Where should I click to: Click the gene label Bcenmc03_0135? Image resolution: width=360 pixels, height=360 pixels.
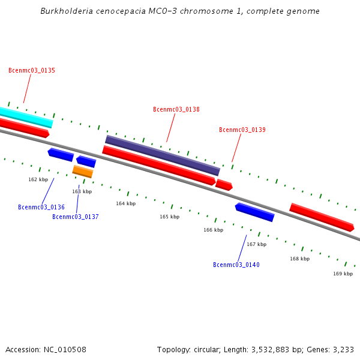tap(32, 71)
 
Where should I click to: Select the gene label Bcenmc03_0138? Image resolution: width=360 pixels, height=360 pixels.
tap(176, 110)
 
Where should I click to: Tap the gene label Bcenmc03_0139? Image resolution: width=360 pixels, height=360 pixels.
tap(242, 130)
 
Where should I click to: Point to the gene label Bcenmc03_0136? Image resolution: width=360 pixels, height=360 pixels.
tap(41, 208)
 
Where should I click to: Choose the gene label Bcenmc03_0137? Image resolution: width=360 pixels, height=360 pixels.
tap(76, 217)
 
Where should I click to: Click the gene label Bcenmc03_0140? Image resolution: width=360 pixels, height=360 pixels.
tap(236, 265)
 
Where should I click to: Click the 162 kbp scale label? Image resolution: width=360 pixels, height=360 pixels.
tap(38, 180)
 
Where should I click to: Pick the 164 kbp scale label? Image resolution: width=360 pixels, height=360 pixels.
tap(125, 204)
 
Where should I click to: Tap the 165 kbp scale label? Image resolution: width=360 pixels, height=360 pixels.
tap(169, 217)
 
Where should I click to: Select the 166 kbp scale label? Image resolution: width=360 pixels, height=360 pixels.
tap(213, 230)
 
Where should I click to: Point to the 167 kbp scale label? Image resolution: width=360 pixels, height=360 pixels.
tap(256, 245)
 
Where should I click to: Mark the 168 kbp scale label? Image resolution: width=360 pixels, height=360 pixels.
tap(300, 259)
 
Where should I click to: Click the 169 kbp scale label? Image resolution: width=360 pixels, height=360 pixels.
tap(343, 274)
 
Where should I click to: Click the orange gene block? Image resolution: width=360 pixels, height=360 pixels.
tap(83, 172)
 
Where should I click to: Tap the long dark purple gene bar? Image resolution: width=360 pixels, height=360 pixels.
tap(163, 155)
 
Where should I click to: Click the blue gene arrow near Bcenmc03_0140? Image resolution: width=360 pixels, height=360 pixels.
tap(255, 212)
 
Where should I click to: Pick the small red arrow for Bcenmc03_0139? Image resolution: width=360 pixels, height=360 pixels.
tap(224, 185)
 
